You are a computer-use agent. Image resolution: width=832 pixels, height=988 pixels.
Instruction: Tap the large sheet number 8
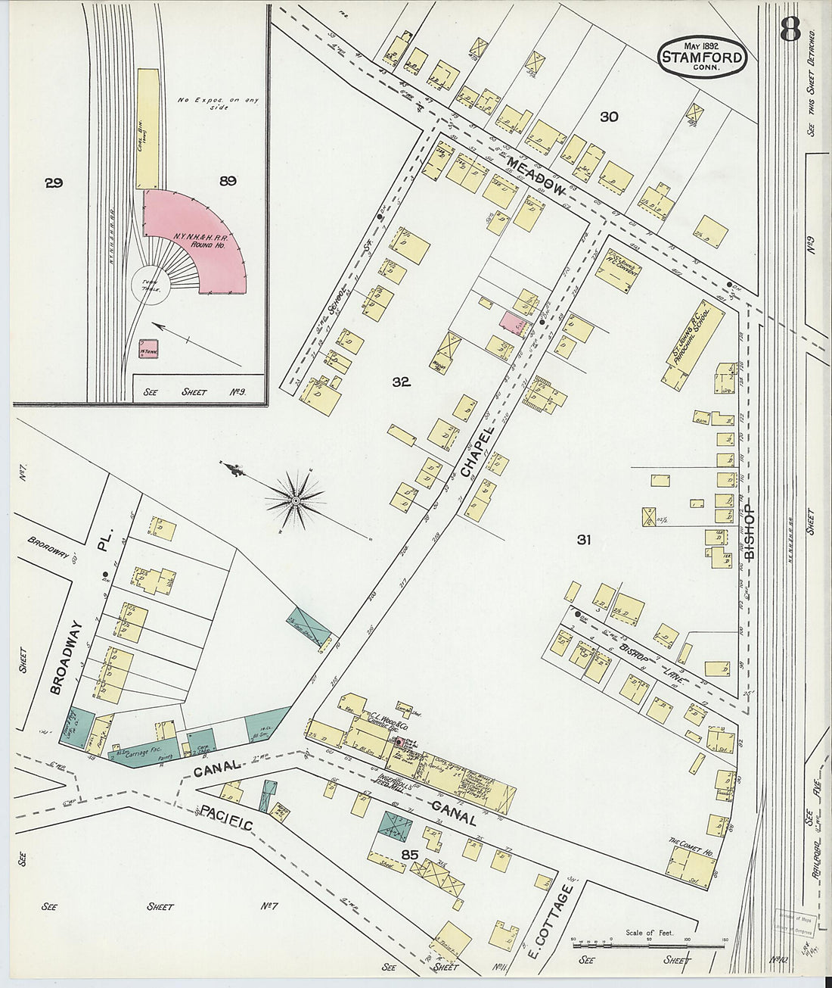[x=790, y=30]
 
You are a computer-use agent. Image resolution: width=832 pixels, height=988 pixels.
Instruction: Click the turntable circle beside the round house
[x=149, y=288]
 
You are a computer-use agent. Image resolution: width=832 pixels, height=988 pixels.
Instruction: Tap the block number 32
[x=401, y=382]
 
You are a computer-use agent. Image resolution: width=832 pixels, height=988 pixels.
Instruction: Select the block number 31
[x=583, y=540]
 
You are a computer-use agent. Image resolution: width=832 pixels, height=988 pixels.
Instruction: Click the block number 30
[x=609, y=117]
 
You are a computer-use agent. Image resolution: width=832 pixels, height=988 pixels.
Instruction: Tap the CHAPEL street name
[x=477, y=452]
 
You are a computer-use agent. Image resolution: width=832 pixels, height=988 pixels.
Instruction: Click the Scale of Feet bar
[x=648, y=945]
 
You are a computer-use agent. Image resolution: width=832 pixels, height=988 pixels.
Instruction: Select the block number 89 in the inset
[x=228, y=180]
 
